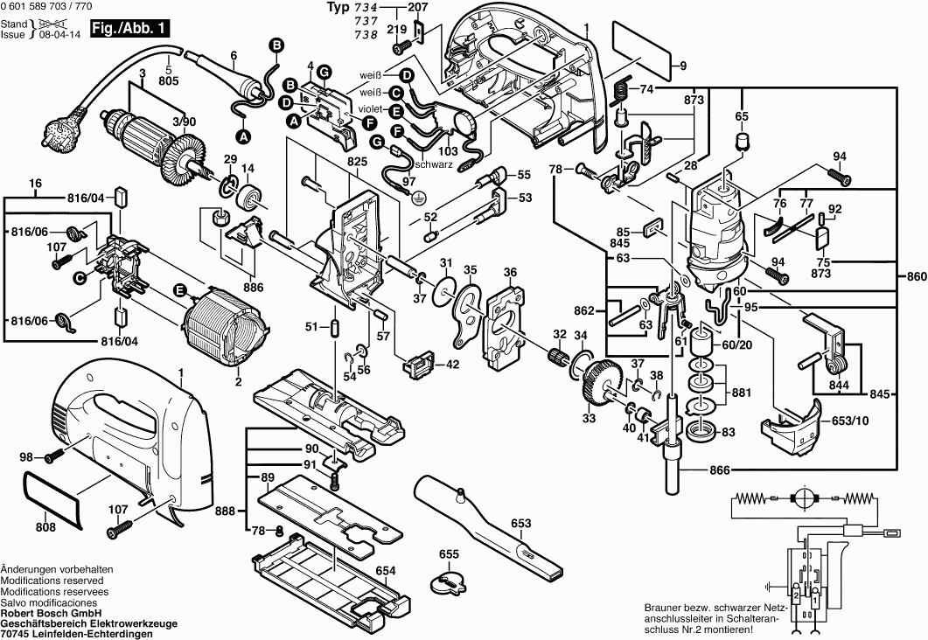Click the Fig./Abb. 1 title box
pos(136,29)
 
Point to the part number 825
pos(333,162)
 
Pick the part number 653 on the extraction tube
pos(520,523)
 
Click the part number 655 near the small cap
pos(449,554)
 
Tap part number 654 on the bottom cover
pos(386,570)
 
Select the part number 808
pos(45,527)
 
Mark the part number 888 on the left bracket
pos(226,511)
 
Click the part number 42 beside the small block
pos(453,365)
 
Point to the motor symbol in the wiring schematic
pos(800,499)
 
